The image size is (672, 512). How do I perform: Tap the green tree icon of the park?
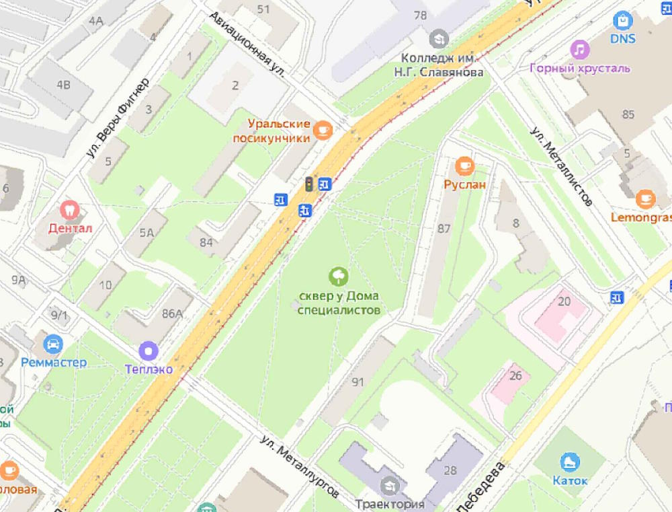pyautogui.click(x=339, y=275)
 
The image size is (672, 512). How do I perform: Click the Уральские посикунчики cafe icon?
pyautogui.click(x=323, y=130)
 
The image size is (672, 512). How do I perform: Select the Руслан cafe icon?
pyautogui.click(x=464, y=165)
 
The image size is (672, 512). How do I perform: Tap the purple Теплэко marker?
pyautogui.click(x=149, y=351)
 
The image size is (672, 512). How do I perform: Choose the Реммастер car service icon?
pyautogui.click(x=52, y=344)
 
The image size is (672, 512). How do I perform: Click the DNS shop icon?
pyautogui.click(x=623, y=21)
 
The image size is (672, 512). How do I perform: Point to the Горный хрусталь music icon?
pyautogui.click(x=579, y=50)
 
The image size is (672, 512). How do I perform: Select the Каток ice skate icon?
pyautogui.click(x=570, y=462)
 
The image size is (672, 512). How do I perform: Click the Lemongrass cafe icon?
pyautogui.click(x=645, y=199)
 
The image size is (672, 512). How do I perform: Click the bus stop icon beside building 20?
pyautogui.click(x=617, y=297)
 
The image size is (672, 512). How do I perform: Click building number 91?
pyautogui.click(x=358, y=381)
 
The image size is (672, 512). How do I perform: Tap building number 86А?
pyautogui.click(x=172, y=313)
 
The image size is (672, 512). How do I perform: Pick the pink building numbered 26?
pyautogui.click(x=515, y=375)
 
